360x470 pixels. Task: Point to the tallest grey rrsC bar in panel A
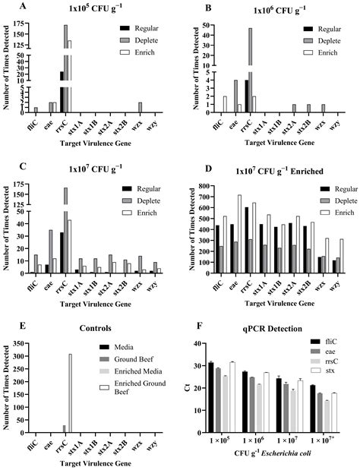click(x=65, y=68)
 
